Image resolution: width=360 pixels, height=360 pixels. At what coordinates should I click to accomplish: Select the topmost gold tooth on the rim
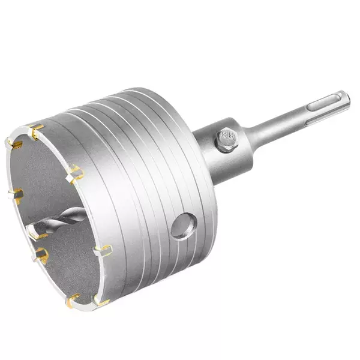point(36,128)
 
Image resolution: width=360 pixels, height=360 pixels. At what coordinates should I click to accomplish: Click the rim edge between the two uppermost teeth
point(23,134)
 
